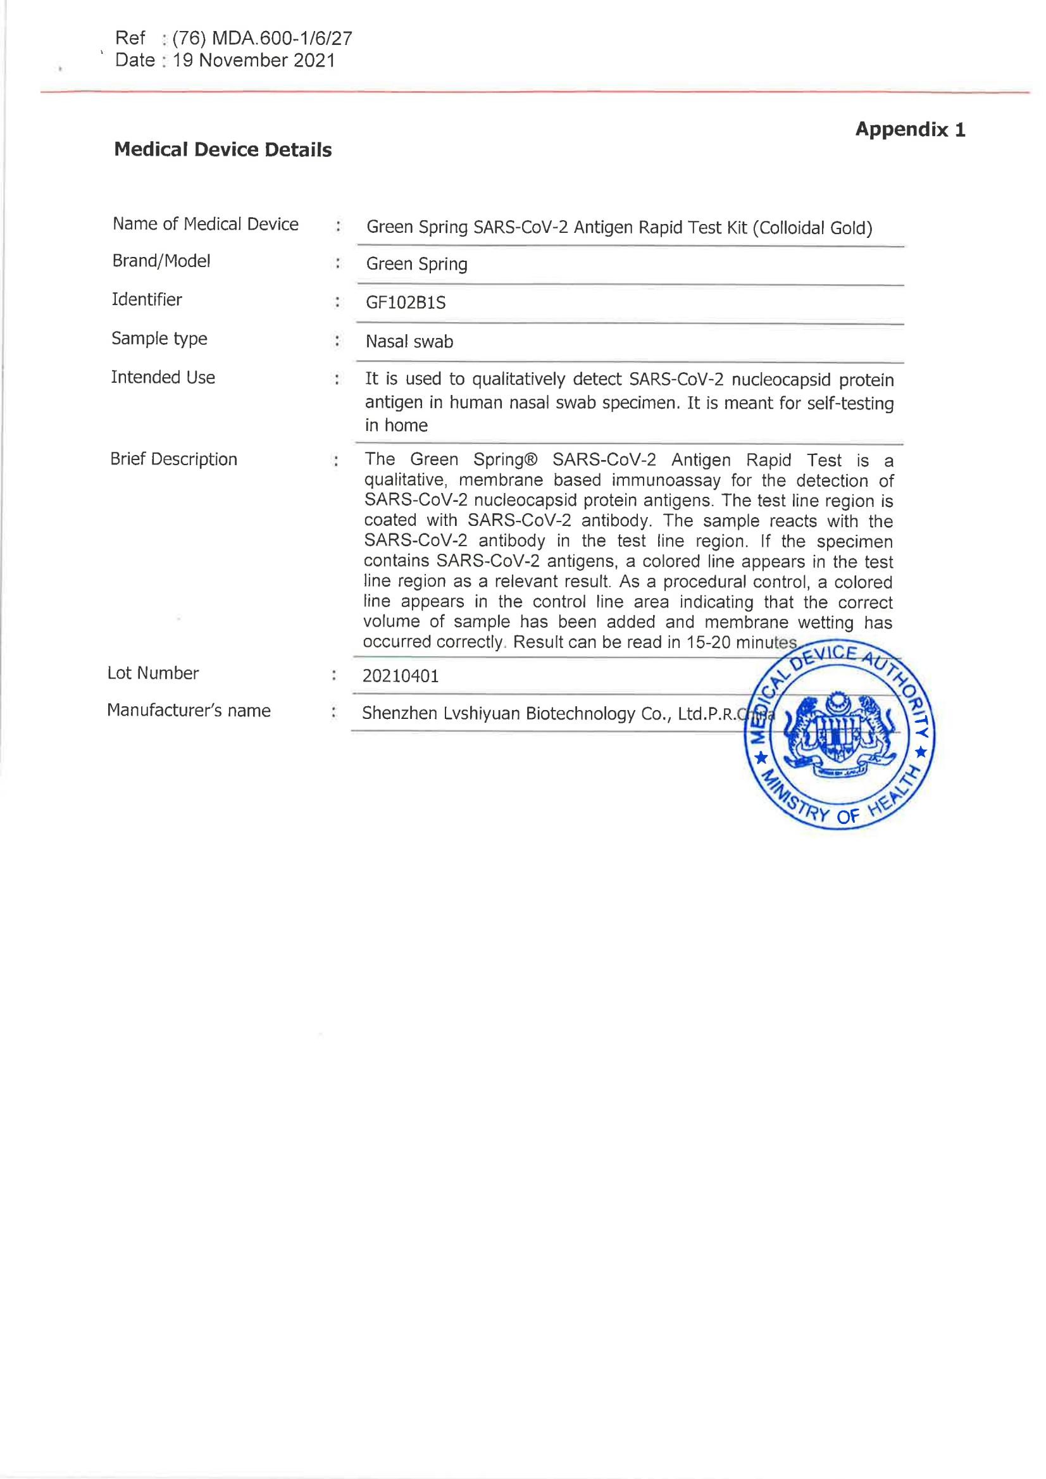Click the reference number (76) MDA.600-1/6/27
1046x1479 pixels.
(x=262, y=39)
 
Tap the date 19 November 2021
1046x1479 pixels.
(x=254, y=61)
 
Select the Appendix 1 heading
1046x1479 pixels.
(x=910, y=130)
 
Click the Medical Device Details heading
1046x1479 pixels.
(x=223, y=150)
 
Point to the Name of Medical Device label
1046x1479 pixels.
(x=206, y=224)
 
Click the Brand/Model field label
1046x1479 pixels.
(x=161, y=261)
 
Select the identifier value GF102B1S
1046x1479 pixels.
(x=406, y=303)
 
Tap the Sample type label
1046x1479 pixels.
(x=159, y=339)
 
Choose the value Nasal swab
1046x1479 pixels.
(x=409, y=341)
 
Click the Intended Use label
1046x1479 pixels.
(x=163, y=377)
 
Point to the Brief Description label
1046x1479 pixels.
(x=173, y=459)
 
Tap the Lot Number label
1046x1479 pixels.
(x=153, y=673)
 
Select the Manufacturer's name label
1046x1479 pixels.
(x=189, y=711)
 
